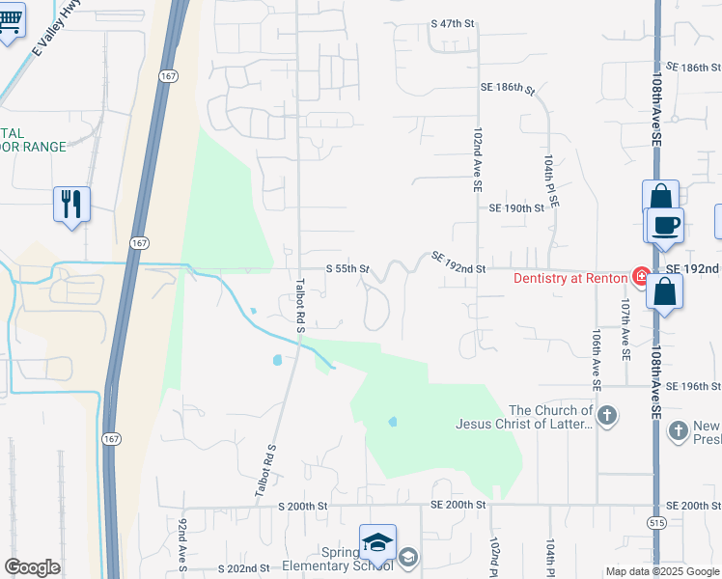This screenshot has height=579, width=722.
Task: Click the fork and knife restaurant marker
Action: click(71, 204)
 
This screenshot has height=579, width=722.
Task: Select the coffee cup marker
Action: click(665, 226)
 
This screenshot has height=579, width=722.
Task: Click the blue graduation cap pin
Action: click(377, 543)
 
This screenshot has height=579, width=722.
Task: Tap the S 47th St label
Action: click(455, 22)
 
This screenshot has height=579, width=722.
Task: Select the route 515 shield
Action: click(656, 522)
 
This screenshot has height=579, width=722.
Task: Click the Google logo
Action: click(32, 567)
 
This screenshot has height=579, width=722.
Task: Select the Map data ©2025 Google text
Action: click(662, 571)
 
